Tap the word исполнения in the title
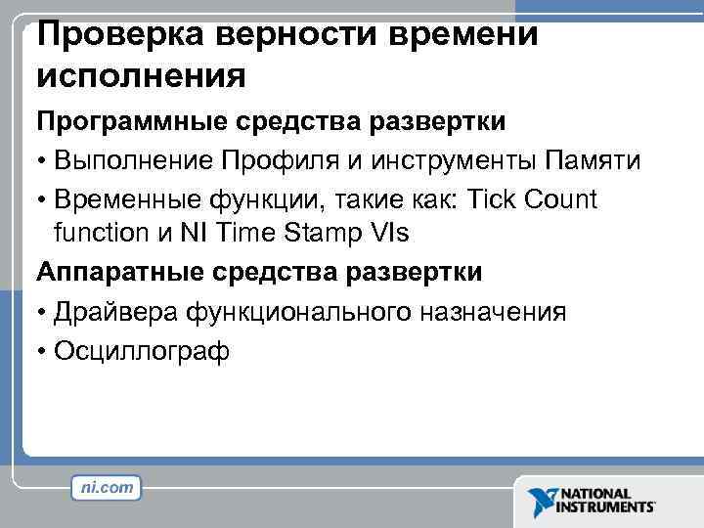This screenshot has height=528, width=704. click(136, 75)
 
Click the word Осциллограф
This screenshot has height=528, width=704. click(143, 350)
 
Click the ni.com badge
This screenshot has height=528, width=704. click(107, 486)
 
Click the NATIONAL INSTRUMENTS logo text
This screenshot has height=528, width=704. click(606, 501)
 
